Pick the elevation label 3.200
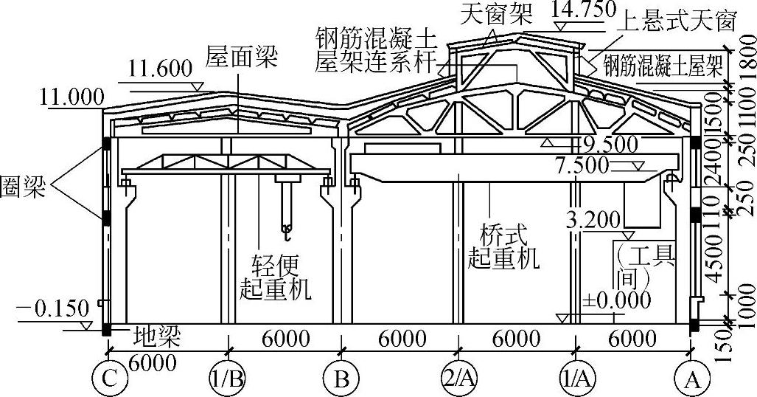coord(596,218)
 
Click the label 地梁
coord(157,337)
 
